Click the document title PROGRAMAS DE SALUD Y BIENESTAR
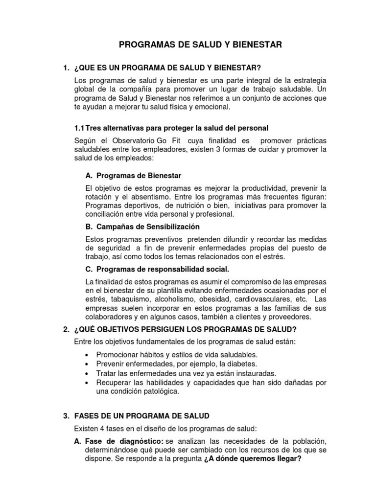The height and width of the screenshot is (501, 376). coord(201,45)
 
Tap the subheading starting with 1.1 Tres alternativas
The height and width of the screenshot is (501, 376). coord(171,128)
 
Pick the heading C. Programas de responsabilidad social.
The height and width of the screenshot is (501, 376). coord(157,269)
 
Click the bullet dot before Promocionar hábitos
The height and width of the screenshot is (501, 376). coord(87,355)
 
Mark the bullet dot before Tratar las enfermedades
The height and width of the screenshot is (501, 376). coord(87,373)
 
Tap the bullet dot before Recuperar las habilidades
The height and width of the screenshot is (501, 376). coord(87,383)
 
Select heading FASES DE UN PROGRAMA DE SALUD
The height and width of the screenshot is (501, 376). coord(141,416)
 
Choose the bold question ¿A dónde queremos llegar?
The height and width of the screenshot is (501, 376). coord(252,459)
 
